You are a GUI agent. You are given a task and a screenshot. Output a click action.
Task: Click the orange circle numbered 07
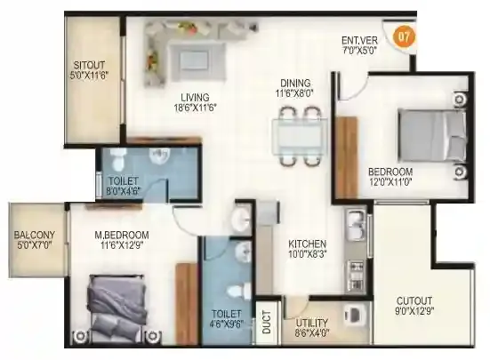[404, 37]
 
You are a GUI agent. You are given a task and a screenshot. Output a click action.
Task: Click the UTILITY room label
[311, 322]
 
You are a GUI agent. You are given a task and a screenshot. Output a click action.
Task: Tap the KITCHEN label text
[307, 243]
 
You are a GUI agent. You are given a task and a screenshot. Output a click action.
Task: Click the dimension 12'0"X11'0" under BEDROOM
[390, 183]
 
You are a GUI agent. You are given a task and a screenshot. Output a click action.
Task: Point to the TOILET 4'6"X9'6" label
[226, 319]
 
